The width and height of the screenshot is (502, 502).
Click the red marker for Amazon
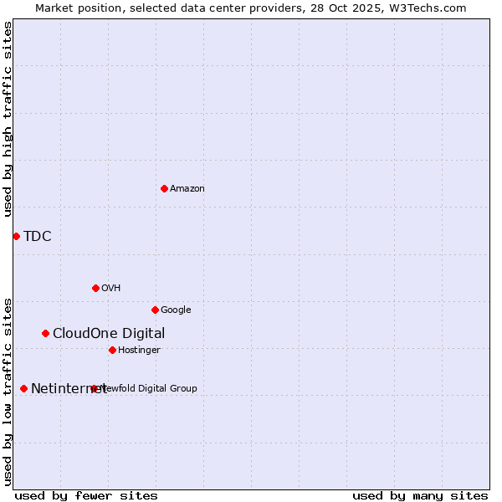pyautogui.click(x=164, y=188)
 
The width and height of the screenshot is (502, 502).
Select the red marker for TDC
pyautogui.click(x=16, y=236)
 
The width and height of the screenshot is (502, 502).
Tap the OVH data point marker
pyautogui.click(x=95, y=288)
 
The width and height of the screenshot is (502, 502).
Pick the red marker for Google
pyautogui.click(x=155, y=310)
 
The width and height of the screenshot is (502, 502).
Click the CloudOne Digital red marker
pyautogui.click(x=45, y=333)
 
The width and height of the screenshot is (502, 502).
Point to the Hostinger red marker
pyautogui.click(x=112, y=350)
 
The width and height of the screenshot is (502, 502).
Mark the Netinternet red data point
pyautogui.click(x=23, y=388)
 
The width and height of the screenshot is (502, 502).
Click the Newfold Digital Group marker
pyautogui.click(x=94, y=388)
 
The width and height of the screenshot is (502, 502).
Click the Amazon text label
pyautogui.click(x=187, y=189)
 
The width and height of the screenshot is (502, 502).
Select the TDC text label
pyautogui.click(x=38, y=236)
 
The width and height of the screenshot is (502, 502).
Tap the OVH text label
pyautogui.click(x=111, y=289)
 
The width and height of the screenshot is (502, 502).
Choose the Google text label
pyautogui.click(x=176, y=310)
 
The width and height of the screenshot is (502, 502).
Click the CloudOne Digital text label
pyautogui.click(x=109, y=333)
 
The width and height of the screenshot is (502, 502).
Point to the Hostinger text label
pyautogui.click(x=139, y=351)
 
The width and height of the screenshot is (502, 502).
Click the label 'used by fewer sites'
pyautogui.click(x=86, y=495)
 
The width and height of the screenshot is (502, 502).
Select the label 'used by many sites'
pyautogui.click(x=420, y=495)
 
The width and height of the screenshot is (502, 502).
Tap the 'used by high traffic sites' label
pyautogui.click(x=8, y=119)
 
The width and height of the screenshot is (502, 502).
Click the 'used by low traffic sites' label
pyautogui.click(x=8, y=391)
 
